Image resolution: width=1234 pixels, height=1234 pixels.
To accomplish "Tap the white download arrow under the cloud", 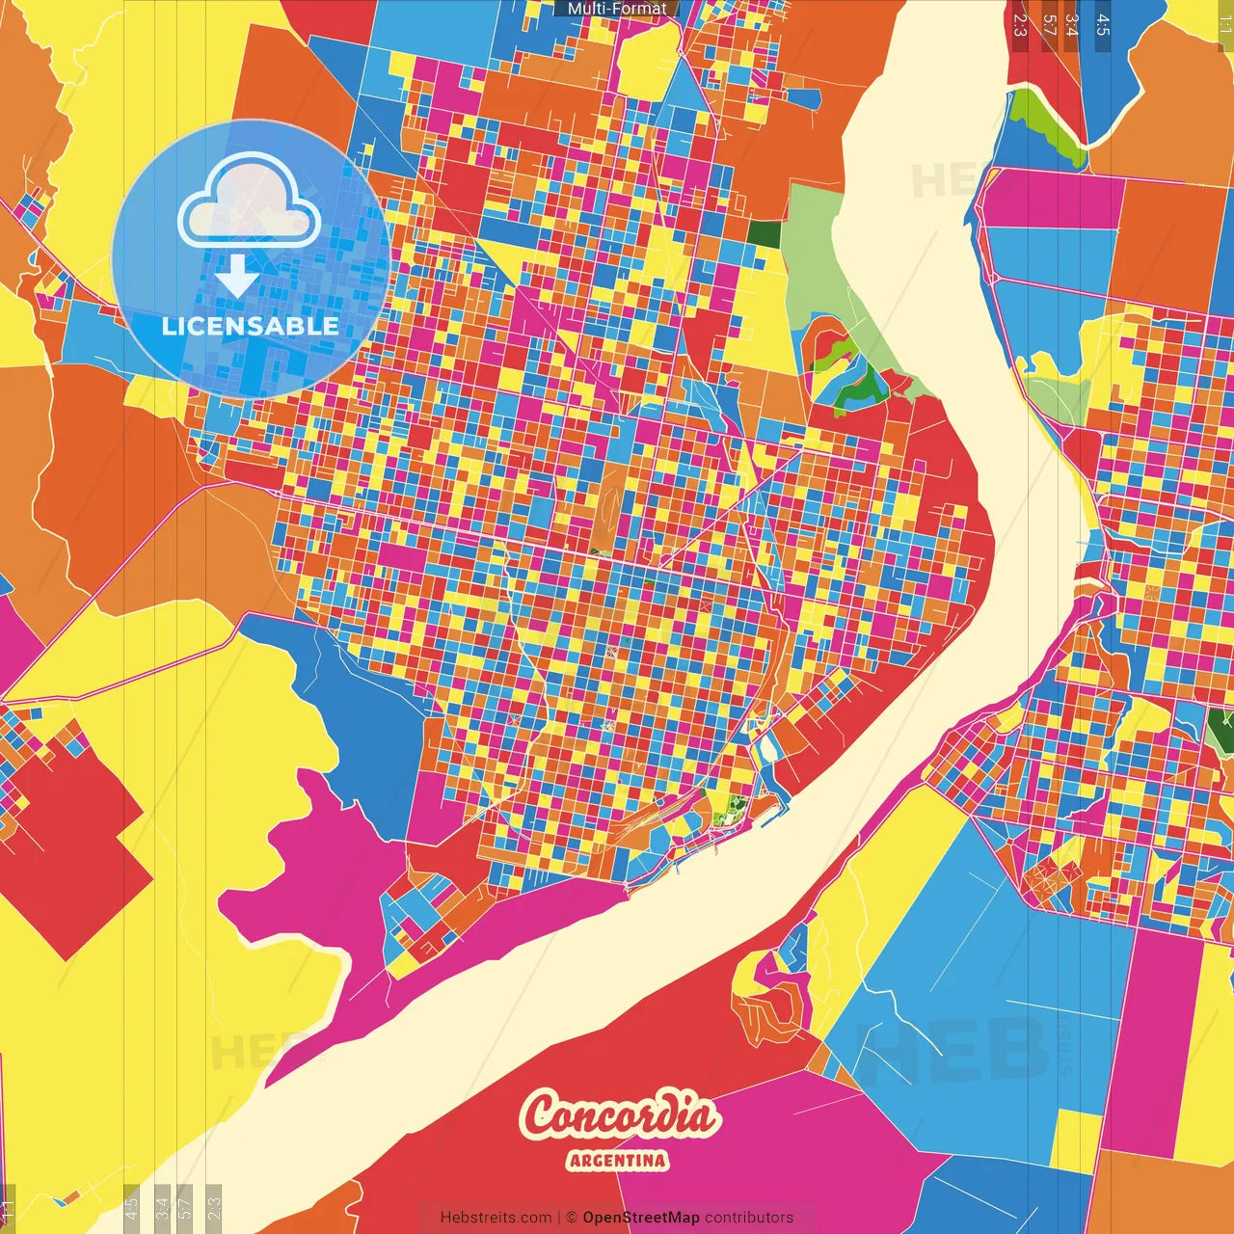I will pyautogui.click(x=236, y=276).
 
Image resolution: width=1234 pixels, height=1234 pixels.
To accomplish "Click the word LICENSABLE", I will pyautogui.click(x=250, y=326).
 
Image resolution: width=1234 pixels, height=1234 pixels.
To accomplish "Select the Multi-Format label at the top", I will pyautogui.click(x=617, y=9).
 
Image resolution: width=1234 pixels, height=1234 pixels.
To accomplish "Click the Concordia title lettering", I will pyautogui.click(x=621, y=1116).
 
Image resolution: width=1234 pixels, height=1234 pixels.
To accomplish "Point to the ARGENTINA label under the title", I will pyautogui.click(x=618, y=1160).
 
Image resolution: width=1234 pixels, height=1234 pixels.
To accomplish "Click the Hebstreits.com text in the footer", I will pyautogui.click(x=496, y=1218).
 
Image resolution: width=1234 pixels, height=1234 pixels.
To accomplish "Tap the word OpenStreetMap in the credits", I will pyautogui.click(x=640, y=1218).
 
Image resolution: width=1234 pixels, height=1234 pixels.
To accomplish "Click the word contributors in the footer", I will pyautogui.click(x=749, y=1218).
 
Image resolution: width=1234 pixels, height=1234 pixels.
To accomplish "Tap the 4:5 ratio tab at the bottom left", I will pyautogui.click(x=132, y=1206).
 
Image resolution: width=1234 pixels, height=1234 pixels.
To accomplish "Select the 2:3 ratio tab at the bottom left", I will pyautogui.click(x=214, y=1206).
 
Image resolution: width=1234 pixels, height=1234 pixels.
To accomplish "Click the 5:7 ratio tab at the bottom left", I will pyautogui.click(x=185, y=1206).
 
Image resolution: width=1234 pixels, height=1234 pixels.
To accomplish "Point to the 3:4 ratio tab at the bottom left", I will pyautogui.click(x=162, y=1206).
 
